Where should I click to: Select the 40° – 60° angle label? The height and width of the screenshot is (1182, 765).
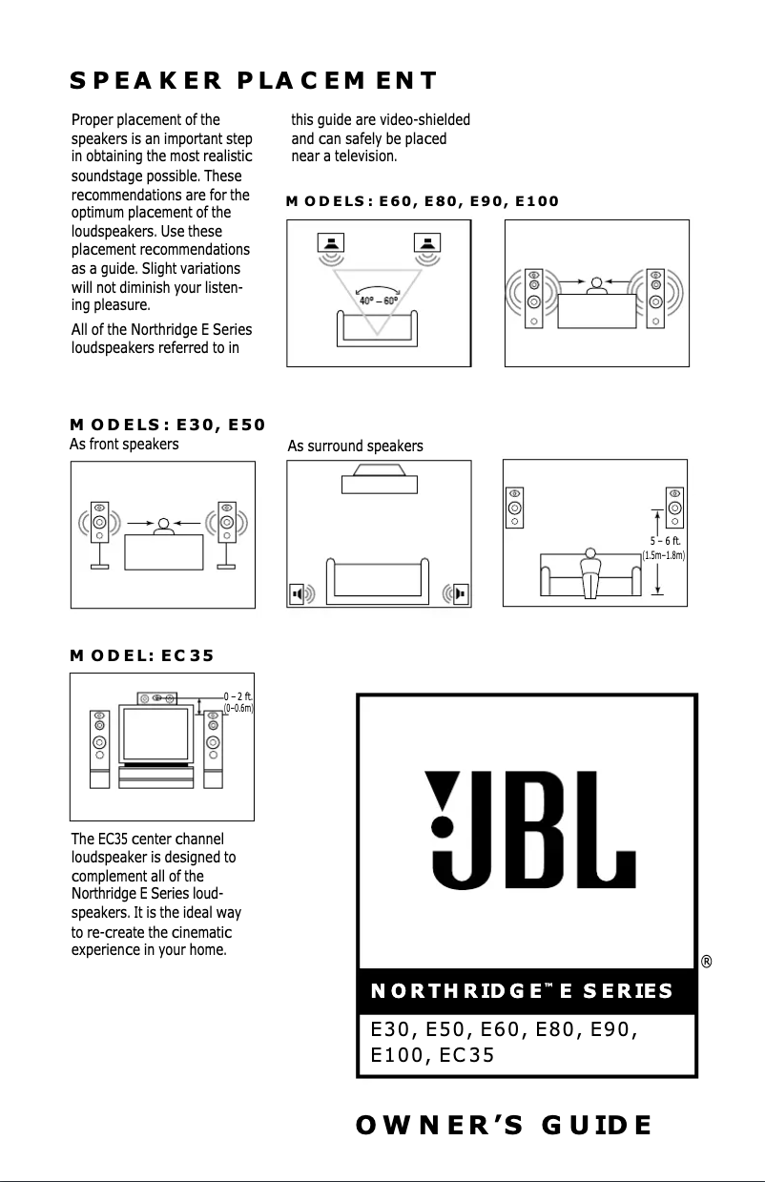(379, 301)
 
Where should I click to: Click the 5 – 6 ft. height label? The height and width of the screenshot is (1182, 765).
(665, 540)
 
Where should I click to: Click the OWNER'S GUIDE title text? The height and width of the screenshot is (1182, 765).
(504, 1125)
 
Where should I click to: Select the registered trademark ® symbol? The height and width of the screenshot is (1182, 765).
(707, 962)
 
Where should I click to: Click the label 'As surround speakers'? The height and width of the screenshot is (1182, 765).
(355, 446)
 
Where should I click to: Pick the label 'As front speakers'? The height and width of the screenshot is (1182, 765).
(124, 444)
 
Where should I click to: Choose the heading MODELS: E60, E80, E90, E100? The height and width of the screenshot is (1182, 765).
(422, 201)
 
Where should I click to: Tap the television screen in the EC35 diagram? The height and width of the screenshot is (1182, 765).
(155, 733)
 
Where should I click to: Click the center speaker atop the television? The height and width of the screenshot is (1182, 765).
(157, 698)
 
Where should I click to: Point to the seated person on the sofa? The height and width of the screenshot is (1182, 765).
(590, 570)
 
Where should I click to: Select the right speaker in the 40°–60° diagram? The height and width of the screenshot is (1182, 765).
(425, 244)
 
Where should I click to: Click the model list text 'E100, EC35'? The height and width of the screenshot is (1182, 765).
(433, 1055)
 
